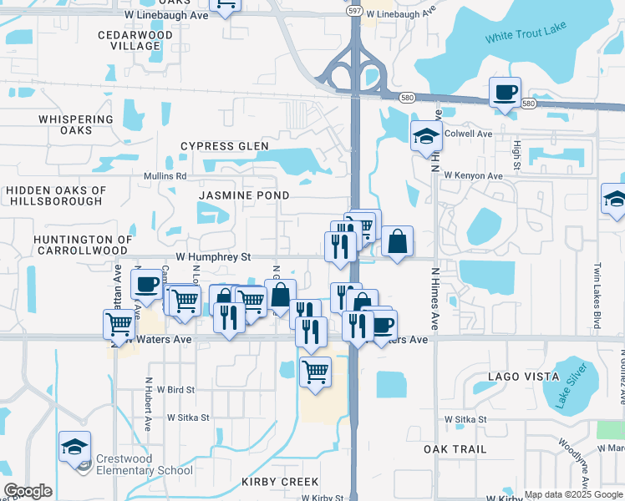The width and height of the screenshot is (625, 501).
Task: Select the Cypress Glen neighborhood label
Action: tap(225, 146)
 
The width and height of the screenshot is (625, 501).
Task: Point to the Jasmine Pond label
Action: tap(244, 195)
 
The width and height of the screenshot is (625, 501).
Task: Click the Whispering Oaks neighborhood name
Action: tap(76, 125)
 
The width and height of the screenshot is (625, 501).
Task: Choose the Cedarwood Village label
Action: tap(129, 40)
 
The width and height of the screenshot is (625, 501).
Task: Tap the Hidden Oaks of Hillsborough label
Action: tap(56, 196)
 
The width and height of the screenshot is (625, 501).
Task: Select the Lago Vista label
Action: tap(516, 377)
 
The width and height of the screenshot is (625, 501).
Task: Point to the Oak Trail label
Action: tap(455, 449)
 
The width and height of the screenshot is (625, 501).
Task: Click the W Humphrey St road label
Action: tap(212, 258)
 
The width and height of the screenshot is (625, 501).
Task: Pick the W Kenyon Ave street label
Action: tap(473, 176)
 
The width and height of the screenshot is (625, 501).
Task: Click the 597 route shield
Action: tap(354, 10)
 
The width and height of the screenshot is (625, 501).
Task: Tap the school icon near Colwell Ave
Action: tap(426, 137)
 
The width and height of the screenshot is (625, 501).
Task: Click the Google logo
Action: tap(28, 491)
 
